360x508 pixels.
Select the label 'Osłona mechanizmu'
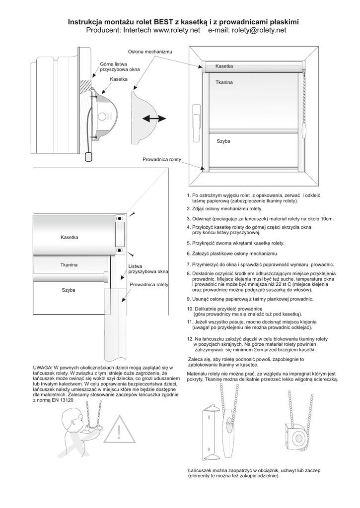coord(150,52)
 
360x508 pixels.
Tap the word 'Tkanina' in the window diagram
coord(224,82)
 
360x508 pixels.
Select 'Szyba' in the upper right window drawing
coord(223,141)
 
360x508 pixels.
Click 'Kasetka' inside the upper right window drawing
coord(224,66)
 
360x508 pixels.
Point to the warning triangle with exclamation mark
coord(119,431)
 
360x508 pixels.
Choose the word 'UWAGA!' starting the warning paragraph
coord(44,367)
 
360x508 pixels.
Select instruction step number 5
coord(235,244)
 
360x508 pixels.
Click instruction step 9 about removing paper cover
coord(250,299)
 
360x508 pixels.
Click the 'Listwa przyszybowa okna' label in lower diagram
coord(148,269)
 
